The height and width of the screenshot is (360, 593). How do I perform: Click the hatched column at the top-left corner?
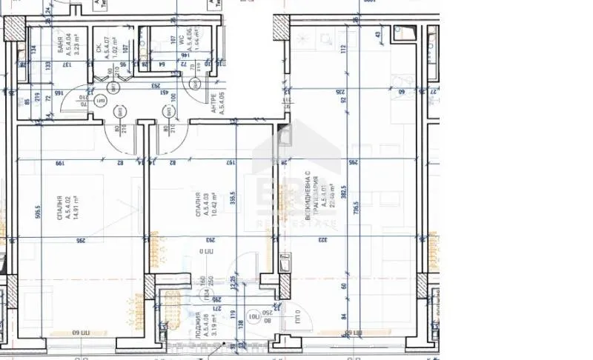pyautogui.click(x=14, y=28)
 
